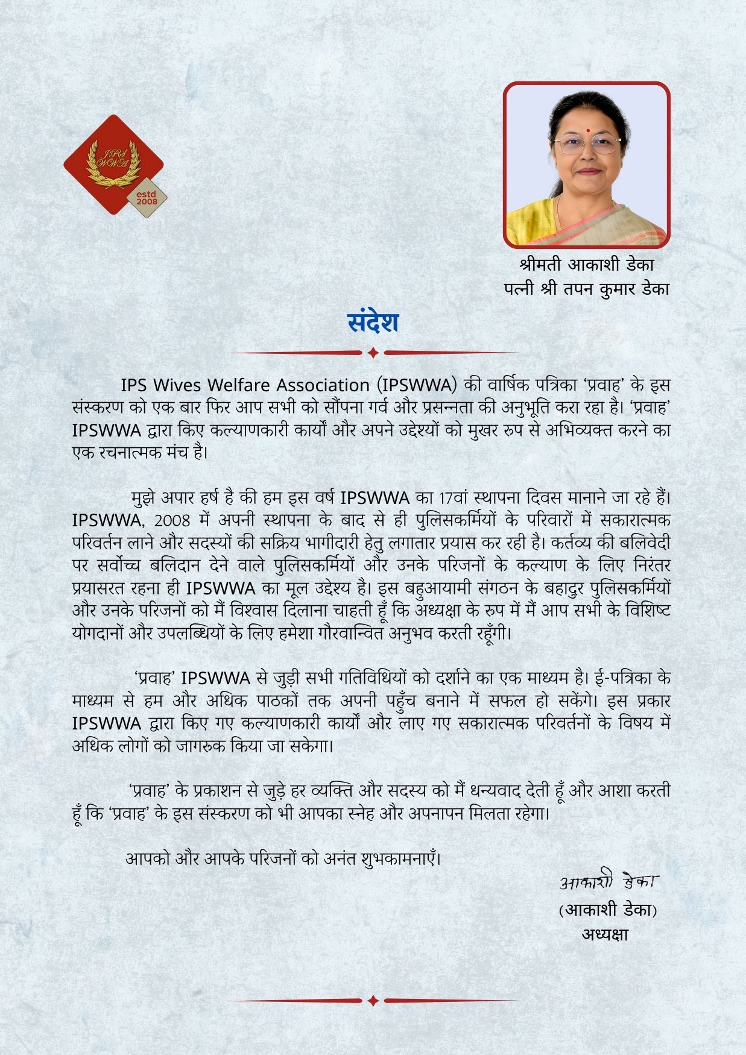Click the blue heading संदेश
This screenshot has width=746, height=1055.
(x=373, y=323)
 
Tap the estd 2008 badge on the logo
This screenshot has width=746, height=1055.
(x=147, y=197)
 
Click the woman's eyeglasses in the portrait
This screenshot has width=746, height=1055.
(x=586, y=145)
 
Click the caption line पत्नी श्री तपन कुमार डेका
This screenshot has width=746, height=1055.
(x=586, y=289)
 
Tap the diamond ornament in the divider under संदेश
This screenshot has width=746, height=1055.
(x=373, y=353)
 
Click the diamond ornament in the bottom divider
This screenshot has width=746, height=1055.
(x=373, y=1000)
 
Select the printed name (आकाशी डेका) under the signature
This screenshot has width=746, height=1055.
(x=607, y=910)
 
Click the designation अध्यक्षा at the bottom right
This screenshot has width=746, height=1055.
(x=605, y=934)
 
